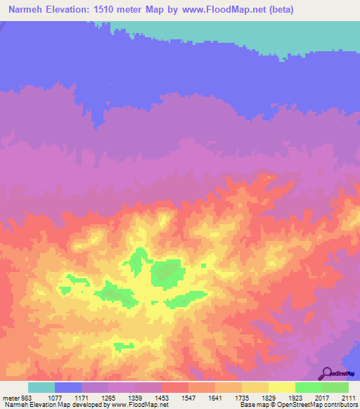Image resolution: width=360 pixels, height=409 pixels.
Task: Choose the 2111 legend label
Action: click(349, 396)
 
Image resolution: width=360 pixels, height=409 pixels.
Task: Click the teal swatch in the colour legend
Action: click(41, 387)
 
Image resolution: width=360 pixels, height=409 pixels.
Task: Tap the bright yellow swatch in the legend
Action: click(281, 387)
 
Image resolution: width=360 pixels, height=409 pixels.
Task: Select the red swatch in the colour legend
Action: click(174, 387)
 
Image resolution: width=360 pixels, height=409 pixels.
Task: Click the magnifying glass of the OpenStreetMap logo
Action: click(327, 372)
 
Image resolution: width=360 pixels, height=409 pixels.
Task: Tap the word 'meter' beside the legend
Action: click(11, 396)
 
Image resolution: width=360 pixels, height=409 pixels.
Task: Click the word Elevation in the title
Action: click(63, 10)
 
